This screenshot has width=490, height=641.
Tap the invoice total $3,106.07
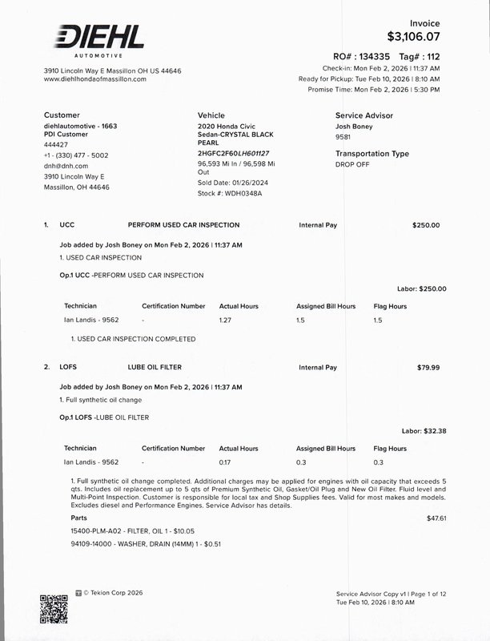click(x=413, y=37)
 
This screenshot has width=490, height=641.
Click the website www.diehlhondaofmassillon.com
click(x=94, y=79)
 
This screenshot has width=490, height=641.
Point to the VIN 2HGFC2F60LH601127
click(x=233, y=152)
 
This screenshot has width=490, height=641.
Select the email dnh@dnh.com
click(x=66, y=166)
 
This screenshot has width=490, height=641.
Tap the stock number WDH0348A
click(x=240, y=193)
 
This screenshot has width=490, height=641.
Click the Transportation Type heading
click(x=372, y=153)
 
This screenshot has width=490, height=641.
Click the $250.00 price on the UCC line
click(x=426, y=225)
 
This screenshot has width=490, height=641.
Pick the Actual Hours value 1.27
click(x=226, y=320)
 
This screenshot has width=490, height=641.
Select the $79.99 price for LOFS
click(x=428, y=367)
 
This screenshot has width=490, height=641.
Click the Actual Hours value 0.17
click(x=226, y=462)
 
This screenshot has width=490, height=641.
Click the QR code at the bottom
click(x=53, y=608)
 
